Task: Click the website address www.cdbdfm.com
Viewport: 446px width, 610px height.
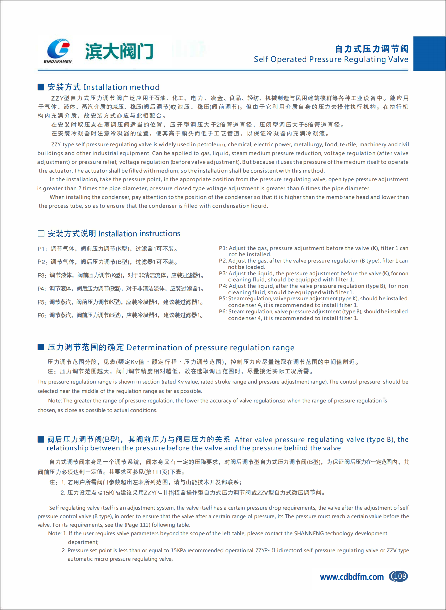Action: pyautogui.click(x=351, y=577)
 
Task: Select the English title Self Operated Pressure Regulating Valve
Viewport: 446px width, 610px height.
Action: pyautogui.click(x=331, y=59)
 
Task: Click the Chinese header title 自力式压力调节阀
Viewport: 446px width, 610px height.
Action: pyautogui.click(x=371, y=49)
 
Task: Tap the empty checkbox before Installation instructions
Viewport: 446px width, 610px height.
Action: pyautogui.click(x=41, y=234)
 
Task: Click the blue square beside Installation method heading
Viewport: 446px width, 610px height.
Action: pyautogui.click(x=41, y=87)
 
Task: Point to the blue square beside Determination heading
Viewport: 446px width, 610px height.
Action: pyautogui.click(x=41, y=347)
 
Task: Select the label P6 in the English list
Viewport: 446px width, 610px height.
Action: pyautogui.click(x=223, y=312)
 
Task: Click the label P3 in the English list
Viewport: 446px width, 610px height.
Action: pyautogui.click(x=223, y=273)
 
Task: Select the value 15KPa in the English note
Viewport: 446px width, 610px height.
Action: pyautogui.click(x=178, y=550)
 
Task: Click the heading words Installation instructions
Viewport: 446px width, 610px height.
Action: pyautogui.click(x=139, y=234)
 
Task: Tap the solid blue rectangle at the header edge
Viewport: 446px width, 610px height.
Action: pyautogui.click(x=430, y=53)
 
